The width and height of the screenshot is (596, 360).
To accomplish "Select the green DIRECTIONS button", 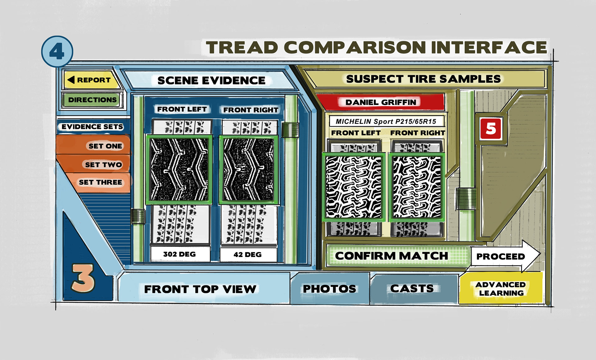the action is point(92,100).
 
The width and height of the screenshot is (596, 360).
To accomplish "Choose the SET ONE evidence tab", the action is point(99,146).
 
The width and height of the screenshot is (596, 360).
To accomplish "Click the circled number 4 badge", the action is point(57,51).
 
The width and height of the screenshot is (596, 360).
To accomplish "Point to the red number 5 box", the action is point(490,128).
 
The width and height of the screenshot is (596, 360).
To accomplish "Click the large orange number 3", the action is point(83,278).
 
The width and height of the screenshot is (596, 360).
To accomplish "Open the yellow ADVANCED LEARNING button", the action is point(500,289).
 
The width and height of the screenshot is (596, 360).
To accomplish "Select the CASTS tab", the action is point(412,288).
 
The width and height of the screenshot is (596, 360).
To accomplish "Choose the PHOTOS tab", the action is point(329,289).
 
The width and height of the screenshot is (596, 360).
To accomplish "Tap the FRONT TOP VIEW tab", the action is point(200,289).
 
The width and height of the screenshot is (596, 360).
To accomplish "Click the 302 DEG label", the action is point(179,254).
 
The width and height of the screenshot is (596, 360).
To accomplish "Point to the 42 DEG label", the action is point(247,254).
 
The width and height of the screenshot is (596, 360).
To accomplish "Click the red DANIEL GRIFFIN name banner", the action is point(381,102).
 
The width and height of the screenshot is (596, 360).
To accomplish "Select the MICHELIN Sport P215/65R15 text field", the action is point(386,121).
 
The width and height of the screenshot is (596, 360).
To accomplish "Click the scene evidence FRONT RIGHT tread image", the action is point(249,170).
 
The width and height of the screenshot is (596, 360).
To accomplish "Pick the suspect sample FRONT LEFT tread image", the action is point(354,187).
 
